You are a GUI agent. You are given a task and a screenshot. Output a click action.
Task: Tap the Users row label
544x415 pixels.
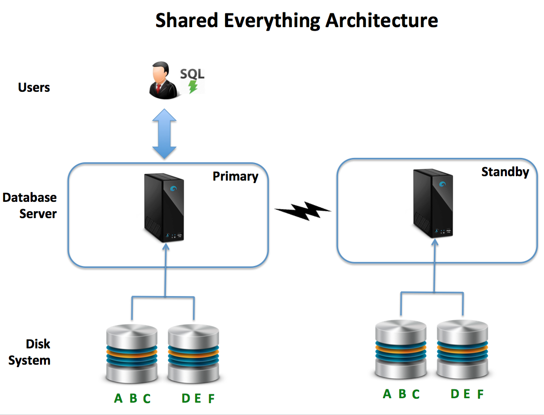[34, 88]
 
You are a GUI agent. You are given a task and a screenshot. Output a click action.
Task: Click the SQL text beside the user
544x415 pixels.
[192, 74]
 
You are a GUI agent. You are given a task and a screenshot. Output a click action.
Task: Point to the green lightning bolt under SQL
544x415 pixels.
[193, 87]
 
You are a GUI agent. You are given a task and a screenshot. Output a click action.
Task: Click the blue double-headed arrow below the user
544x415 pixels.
[164, 134]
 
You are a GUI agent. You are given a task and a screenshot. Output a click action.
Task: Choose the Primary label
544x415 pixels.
[235, 176]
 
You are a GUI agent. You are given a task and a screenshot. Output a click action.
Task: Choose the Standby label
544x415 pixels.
[505, 172]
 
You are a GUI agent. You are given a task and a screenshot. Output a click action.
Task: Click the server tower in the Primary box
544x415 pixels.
[164, 207]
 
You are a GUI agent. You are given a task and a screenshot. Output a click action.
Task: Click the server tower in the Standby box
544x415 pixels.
[433, 203]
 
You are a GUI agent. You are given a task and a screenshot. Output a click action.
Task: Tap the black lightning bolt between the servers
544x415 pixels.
[303, 211]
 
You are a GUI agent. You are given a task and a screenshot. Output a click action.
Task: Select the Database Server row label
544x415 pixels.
[30, 206]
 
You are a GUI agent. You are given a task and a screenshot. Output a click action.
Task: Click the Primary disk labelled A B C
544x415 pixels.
[132, 353]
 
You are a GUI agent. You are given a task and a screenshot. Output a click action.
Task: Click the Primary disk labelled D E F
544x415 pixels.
[194, 353]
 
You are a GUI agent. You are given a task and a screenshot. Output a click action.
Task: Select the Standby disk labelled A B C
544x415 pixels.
[400, 349]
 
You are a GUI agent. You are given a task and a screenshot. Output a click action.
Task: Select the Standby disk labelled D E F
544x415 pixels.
[462, 349]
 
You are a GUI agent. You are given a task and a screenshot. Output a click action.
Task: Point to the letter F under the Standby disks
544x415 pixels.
[480, 394]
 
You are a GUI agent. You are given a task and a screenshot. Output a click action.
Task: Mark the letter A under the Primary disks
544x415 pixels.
[118, 398]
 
